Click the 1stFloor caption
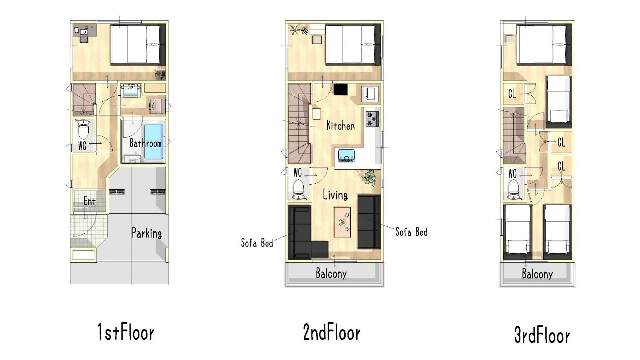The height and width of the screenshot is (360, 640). [126, 332]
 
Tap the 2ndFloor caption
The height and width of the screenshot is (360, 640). [332, 332]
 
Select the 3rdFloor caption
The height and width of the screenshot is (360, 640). [542, 335]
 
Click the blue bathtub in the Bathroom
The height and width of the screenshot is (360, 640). [154, 142]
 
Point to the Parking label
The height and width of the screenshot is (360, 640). [147, 233]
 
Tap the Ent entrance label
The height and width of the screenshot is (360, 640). [89, 201]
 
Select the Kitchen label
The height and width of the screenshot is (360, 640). [340, 126]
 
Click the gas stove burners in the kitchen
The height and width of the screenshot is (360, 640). [373, 119]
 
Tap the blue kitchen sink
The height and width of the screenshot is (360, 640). [346, 155]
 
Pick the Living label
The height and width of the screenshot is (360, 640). [335, 195]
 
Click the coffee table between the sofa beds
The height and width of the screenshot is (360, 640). [342, 222]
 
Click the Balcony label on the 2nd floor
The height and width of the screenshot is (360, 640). [331, 273]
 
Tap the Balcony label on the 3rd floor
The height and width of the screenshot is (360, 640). [537, 274]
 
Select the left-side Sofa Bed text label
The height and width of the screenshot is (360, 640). [257, 243]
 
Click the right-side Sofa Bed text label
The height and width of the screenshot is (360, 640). [411, 232]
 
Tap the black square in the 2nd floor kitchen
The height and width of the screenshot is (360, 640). [340, 89]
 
